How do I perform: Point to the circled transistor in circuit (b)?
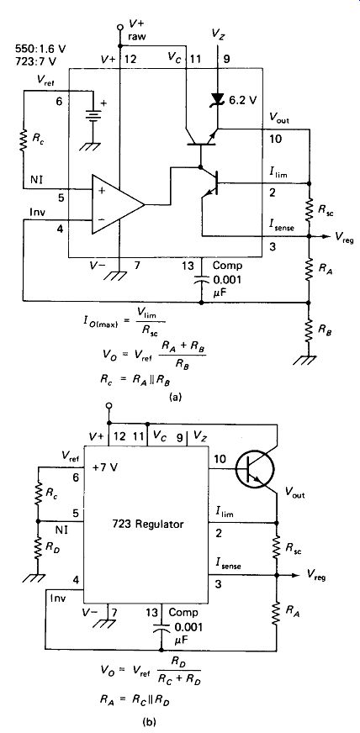point(254,470)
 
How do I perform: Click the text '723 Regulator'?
point(147,524)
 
